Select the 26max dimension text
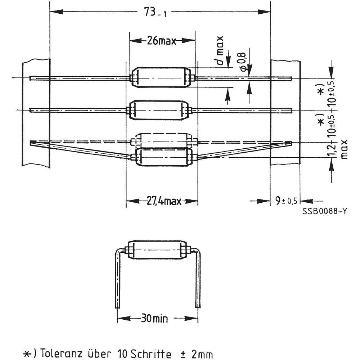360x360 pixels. [161, 41]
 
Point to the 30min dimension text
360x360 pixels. [157, 318]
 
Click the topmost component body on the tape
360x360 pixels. [162, 77]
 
